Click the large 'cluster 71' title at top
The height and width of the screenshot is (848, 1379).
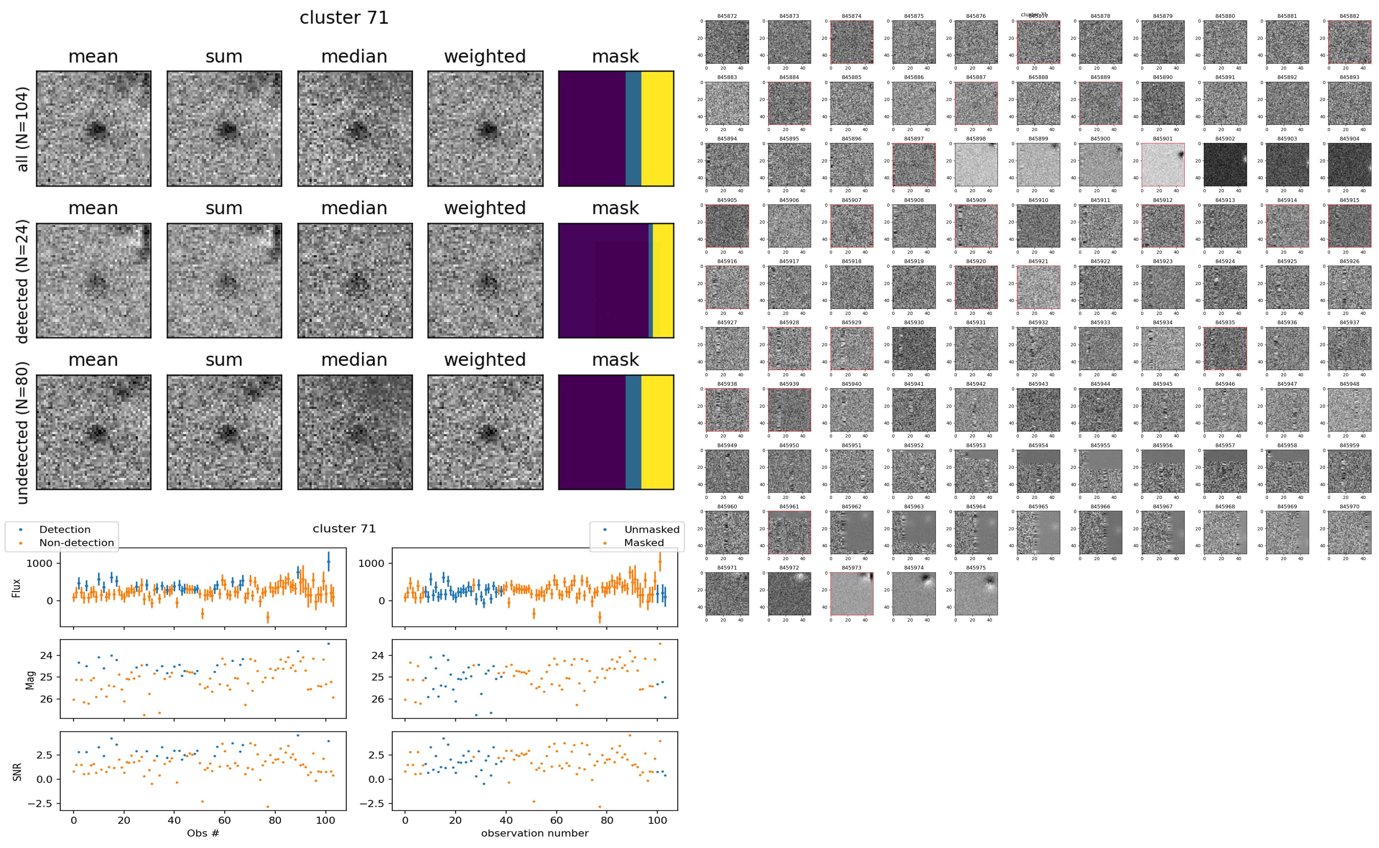click(x=344, y=18)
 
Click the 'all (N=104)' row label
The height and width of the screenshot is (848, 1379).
click(x=23, y=129)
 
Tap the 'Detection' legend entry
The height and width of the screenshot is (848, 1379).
click(x=65, y=529)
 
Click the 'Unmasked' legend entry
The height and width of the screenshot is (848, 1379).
click(x=652, y=529)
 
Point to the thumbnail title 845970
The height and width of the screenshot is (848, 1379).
click(x=1349, y=506)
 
